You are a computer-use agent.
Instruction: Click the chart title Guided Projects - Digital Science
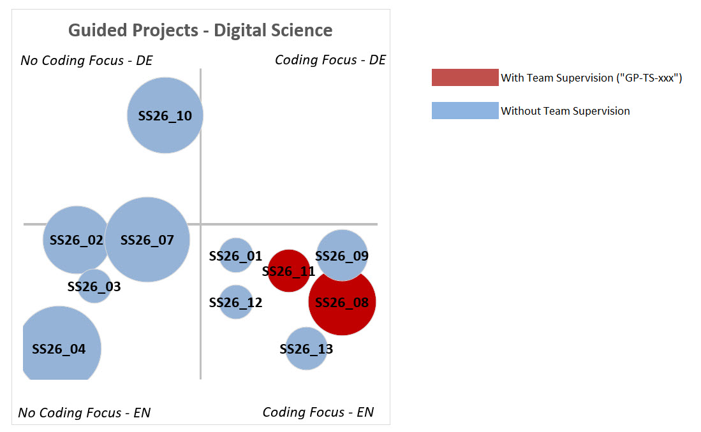[x=200, y=30]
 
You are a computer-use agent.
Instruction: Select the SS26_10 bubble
[x=165, y=115]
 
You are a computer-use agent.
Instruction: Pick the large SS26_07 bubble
[x=147, y=240]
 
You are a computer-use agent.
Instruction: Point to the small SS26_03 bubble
[x=94, y=287]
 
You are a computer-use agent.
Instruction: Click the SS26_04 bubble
[x=59, y=349]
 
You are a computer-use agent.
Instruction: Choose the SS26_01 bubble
[x=236, y=256]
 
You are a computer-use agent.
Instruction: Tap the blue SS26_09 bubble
[x=343, y=255]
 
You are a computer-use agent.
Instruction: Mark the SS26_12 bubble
[x=236, y=302]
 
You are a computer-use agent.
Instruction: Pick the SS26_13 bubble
[x=306, y=349]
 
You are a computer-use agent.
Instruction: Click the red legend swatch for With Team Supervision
[x=465, y=77]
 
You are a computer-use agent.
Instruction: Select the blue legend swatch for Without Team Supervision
[x=465, y=111]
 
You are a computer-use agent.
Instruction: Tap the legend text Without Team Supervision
[x=565, y=111]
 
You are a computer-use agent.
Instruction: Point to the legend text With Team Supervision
[x=591, y=78]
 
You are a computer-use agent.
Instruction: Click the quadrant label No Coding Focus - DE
[x=87, y=61]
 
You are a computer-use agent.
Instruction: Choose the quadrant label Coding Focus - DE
[x=330, y=60]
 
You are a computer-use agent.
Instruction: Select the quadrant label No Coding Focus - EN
[x=84, y=413]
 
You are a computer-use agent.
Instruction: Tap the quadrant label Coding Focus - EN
[x=318, y=412]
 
